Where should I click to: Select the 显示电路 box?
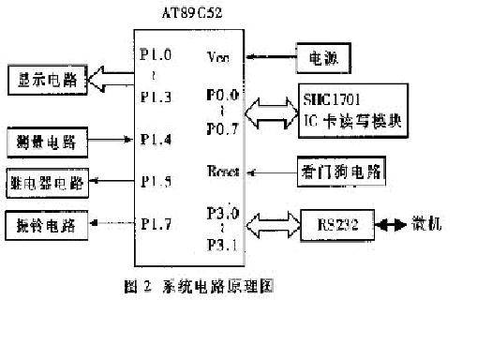coord(47,80)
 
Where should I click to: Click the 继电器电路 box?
coord(47,183)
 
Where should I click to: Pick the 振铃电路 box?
coord(47,226)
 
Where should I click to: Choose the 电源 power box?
coord(323,59)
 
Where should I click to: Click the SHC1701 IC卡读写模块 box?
coord(353,108)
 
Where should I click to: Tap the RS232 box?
coord(335,225)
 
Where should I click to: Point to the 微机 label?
coord(428,225)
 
